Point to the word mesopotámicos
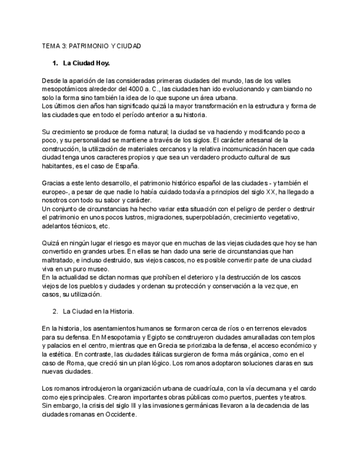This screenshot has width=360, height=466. point(64,88)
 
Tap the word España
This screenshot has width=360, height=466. point(124,165)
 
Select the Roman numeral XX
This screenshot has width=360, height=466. point(271,191)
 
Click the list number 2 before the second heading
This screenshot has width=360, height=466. point(56,312)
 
